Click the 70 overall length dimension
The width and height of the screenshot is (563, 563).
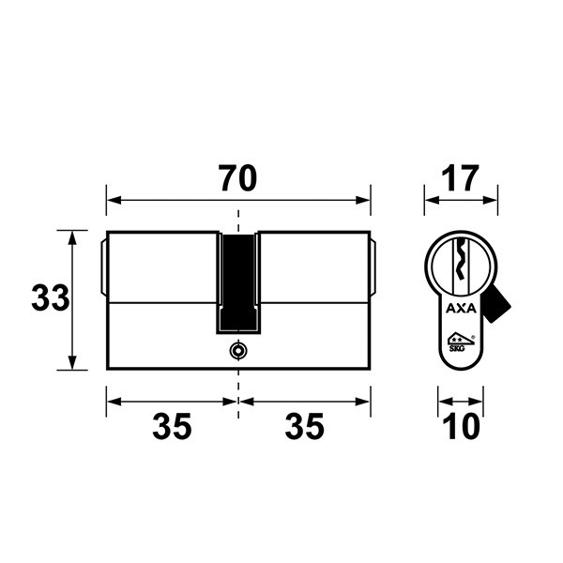click(237, 178)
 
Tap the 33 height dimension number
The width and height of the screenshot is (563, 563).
click(51, 297)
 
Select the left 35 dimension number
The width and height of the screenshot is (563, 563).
click(172, 426)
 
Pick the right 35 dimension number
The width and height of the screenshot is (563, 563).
click(304, 426)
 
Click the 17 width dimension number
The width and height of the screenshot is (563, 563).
click(461, 178)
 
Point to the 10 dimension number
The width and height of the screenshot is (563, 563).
click(461, 426)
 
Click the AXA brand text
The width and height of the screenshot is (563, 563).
click(461, 309)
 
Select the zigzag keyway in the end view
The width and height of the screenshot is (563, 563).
click(461, 260)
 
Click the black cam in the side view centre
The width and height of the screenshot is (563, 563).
click(238, 282)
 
